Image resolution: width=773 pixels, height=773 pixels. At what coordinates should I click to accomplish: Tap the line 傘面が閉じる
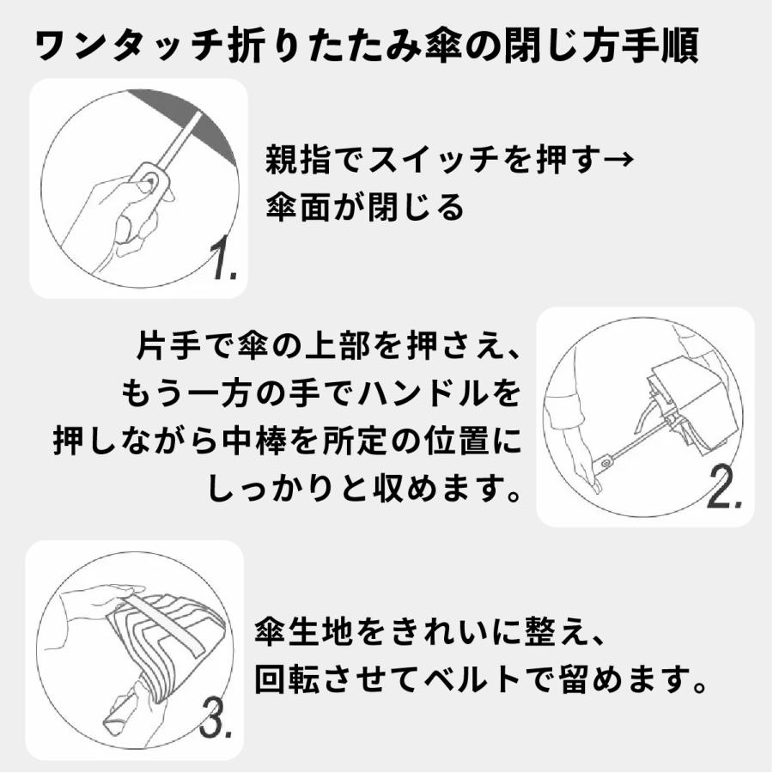pos(364,207)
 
